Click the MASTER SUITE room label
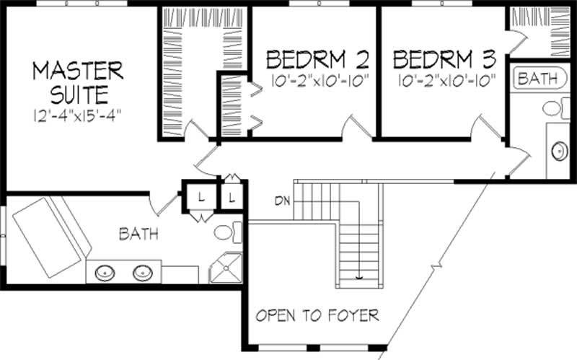79,82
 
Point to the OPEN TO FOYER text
318,315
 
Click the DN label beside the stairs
282,200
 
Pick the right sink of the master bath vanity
141,273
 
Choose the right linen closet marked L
232,197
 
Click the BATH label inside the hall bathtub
538,79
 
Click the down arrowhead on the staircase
358,276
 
